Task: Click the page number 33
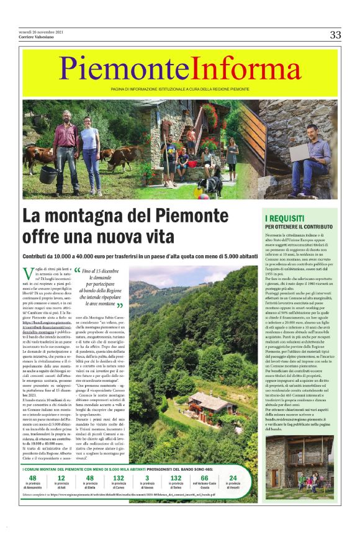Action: coord(335,35)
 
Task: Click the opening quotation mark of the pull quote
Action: coord(78,271)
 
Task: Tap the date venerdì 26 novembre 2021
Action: coord(40,32)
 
